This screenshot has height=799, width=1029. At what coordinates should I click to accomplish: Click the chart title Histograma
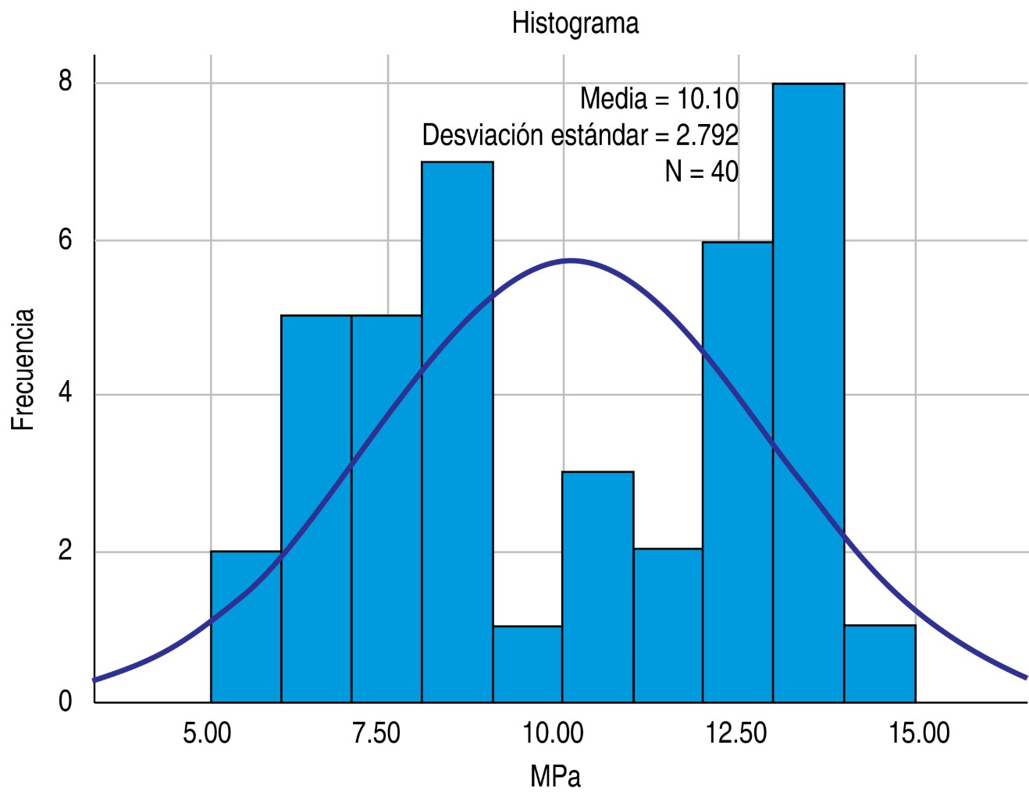[575, 23]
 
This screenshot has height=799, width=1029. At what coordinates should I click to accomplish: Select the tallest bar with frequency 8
[808, 390]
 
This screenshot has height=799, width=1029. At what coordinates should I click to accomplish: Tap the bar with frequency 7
[457, 429]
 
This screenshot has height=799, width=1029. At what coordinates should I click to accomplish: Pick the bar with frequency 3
[597, 585]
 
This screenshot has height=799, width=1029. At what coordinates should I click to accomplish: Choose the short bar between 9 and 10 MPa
[527, 663]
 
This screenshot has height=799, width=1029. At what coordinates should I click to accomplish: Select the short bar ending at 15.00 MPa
[879, 663]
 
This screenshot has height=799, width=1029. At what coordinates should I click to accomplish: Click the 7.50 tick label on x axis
[376, 733]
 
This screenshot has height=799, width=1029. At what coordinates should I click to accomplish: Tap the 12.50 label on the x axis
[736, 733]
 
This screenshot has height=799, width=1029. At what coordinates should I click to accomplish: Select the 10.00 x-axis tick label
[553, 733]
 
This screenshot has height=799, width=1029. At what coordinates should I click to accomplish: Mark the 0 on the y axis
[65, 701]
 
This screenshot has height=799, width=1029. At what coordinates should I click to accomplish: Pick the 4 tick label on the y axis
[65, 392]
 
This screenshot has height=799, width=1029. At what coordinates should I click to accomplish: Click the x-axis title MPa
[555, 776]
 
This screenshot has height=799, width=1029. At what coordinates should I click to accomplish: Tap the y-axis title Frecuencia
[23, 369]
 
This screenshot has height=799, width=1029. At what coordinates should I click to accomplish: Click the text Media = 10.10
[659, 99]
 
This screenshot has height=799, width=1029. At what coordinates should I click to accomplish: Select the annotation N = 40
[701, 171]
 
